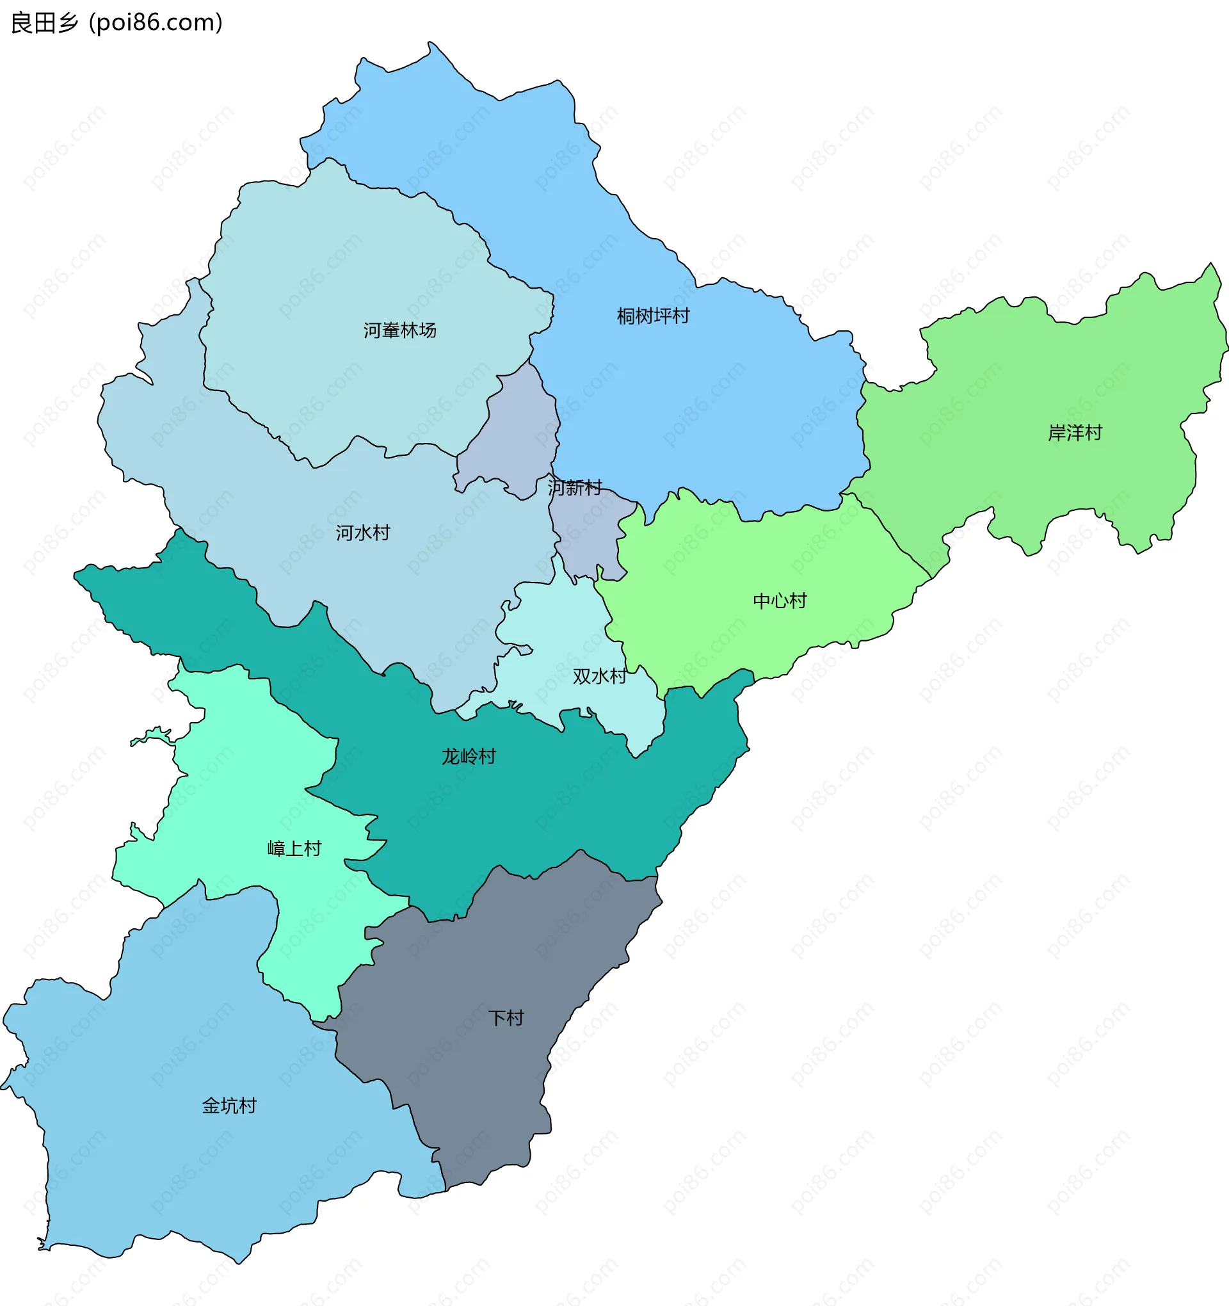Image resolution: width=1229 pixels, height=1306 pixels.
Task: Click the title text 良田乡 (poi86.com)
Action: (117, 22)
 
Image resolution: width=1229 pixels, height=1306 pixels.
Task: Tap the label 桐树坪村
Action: (652, 316)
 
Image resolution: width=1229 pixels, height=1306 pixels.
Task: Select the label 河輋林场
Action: (399, 330)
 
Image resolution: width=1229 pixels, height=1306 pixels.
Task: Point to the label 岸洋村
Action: (1075, 432)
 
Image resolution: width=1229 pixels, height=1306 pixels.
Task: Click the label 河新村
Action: (575, 487)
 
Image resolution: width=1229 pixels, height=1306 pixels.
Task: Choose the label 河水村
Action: (362, 532)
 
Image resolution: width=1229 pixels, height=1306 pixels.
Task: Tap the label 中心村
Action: (779, 601)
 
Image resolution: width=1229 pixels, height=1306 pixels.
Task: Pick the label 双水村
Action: (599, 676)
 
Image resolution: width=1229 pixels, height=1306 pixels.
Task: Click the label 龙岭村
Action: (468, 756)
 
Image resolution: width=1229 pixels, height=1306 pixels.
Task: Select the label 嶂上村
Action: (294, 848)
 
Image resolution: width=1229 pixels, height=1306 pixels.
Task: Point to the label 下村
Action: (506, 1018)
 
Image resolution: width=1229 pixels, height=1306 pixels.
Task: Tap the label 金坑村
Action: (229, 1106)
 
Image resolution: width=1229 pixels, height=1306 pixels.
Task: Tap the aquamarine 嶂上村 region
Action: (250, 775)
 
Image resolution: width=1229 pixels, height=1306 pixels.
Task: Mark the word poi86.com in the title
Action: (156, 22)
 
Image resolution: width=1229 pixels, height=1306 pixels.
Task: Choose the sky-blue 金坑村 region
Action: (165, 1170)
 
